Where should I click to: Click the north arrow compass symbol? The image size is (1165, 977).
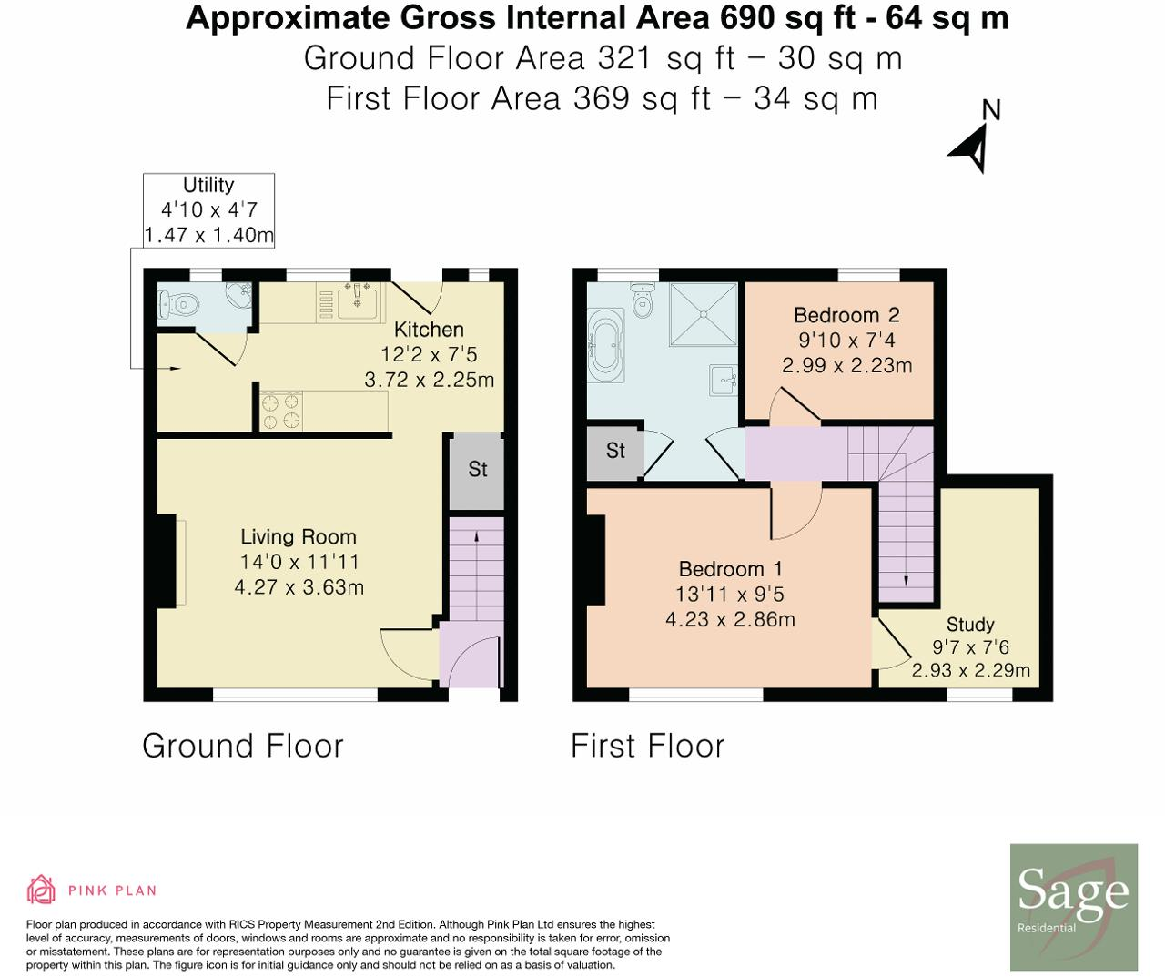tap(972, 146)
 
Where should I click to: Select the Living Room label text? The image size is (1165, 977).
tap(299, 537)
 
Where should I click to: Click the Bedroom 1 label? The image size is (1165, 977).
tap(730, 569)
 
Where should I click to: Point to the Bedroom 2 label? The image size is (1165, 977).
tap(846, 315)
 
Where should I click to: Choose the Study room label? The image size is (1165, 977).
tap(969, 625)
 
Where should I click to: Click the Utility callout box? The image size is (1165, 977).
tap(208, 210)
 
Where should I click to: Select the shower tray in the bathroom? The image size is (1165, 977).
tap(703, 314)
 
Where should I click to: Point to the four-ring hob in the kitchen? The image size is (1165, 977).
tap(280, 410)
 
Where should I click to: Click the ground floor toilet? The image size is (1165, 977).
tap(176, 302)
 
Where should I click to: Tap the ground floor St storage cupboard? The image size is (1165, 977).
tap(477, 470)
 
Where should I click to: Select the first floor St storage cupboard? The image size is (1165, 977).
tap(615, 452)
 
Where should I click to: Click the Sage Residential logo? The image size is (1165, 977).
tap(1074, 907)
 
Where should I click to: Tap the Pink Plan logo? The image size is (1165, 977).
tap(92, 890)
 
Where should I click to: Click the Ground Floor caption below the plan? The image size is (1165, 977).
tap(243, 746)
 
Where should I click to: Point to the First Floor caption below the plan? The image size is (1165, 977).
tap(647, 746)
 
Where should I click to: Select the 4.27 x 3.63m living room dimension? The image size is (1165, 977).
tap(299, 587)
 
